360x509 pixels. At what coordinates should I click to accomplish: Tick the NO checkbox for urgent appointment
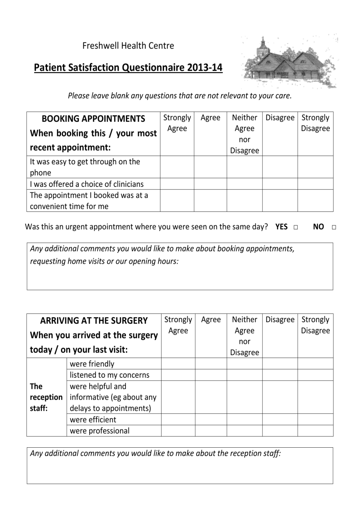(334, 227)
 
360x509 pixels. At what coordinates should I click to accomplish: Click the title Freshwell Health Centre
(128, 46)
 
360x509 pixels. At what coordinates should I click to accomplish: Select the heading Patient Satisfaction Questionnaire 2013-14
(128, 68)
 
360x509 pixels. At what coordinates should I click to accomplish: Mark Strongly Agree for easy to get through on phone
(177, 167)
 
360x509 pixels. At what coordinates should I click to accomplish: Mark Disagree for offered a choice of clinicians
(280, 184)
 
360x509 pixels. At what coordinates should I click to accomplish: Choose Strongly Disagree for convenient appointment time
(315, 200)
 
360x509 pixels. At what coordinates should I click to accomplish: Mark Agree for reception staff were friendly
(211, 364)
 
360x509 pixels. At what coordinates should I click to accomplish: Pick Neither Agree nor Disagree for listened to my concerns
(245, 375)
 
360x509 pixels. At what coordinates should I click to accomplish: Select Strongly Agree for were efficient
(178, 419)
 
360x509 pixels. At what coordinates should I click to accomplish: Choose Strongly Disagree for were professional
(315, 431)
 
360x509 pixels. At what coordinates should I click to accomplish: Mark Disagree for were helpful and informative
(280, 397)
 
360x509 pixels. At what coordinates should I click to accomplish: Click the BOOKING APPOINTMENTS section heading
(93, 119)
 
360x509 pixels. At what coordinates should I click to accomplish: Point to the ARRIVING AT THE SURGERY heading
(94, 321)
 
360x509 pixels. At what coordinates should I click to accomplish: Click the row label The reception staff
(46, 397)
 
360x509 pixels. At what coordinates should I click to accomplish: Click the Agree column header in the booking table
(210, 118)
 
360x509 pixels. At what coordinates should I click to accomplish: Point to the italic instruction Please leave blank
(180, 96)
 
